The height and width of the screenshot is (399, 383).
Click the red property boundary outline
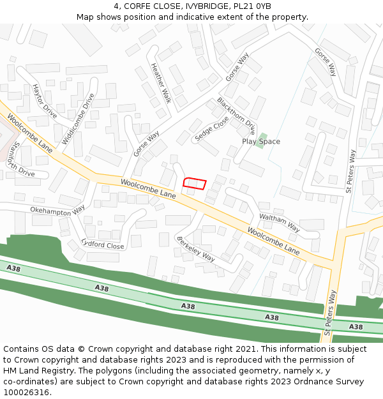point(195,184)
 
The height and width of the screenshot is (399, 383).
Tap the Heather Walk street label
point(161,82)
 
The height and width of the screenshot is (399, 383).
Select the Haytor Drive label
point(45,102)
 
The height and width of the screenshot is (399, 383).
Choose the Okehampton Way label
point(57,209)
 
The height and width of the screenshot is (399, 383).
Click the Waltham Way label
point(280,222)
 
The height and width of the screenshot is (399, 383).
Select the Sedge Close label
point(211,128)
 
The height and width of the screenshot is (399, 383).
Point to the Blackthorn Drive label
point(236,116)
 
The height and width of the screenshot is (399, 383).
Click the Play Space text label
point(260,142)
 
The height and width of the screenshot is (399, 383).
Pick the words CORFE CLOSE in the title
point(148,6)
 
